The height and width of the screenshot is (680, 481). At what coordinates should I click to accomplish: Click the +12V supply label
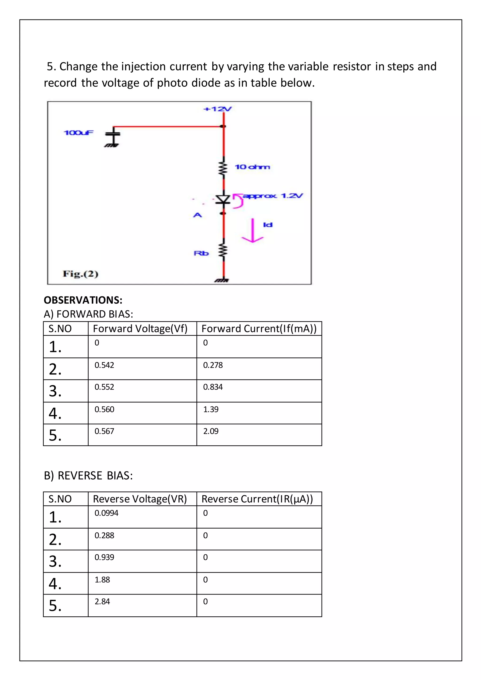coord(217,109)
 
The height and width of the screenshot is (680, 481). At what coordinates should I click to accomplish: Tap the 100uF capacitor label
coord(78,132)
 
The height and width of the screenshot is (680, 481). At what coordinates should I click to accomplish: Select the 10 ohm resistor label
coord(252,167)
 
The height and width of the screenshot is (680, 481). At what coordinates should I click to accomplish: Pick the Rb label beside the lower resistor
coord(201,253)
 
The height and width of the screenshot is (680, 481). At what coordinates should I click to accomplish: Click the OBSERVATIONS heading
coord(83,300)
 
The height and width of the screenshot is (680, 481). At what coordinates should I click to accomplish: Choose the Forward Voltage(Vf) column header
coord(140,329)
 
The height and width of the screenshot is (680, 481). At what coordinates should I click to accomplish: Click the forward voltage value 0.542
coord(104,365)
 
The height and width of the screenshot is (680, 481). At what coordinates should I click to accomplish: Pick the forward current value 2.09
coord(211,431)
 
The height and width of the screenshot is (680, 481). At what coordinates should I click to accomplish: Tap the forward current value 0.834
coord(213,387)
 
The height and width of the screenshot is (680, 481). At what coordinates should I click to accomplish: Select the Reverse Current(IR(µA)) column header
coord(257,499)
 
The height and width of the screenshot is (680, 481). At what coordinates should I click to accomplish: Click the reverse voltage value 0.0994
coord(106,513)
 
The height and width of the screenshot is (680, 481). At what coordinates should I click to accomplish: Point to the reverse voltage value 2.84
coord(102,602)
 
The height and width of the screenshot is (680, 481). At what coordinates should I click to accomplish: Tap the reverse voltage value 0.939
coord(104,557)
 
